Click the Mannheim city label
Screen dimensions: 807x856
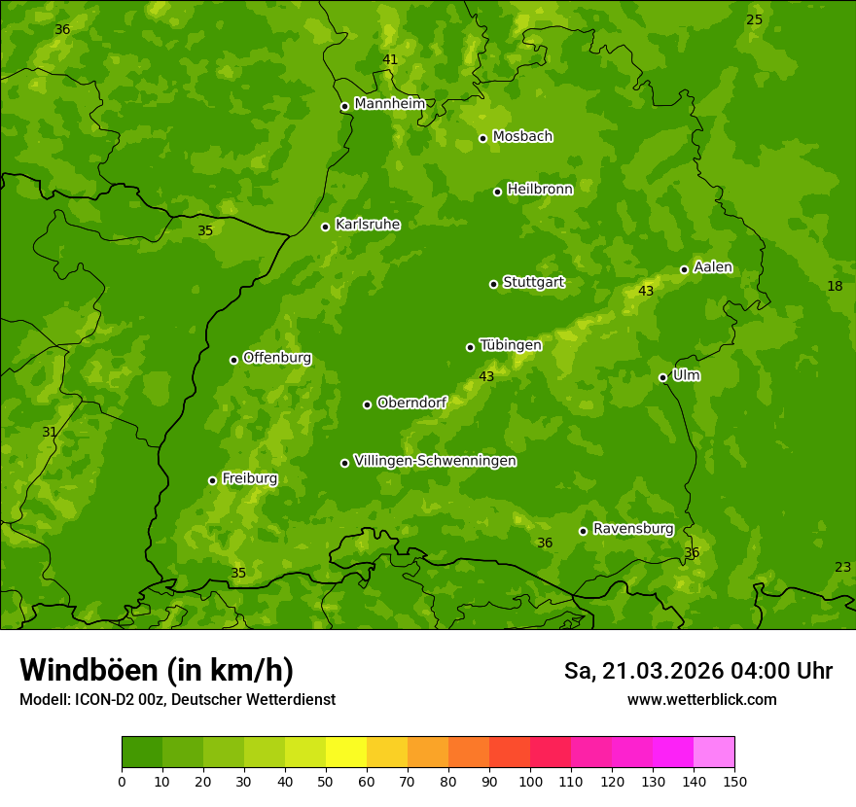(389, 104)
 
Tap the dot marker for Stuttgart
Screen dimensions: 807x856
(493, 284)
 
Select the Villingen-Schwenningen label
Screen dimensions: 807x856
(435, 461)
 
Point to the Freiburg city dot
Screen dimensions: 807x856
(212, 480)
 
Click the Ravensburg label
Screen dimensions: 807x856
(633, 529)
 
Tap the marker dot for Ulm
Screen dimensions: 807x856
(662, 377)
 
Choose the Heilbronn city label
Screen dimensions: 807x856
(540, 190)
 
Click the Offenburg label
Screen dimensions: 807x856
(277, 358)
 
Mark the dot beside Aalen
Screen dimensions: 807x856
(684, 269)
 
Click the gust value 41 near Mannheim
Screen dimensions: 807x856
(390, 59)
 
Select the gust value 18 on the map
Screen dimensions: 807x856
(835, 286)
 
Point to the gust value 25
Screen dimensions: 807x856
(754, 19)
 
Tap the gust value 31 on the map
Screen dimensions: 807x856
(50, 432)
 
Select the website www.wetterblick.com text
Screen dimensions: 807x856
(701, 699)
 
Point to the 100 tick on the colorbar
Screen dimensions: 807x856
(530, 781)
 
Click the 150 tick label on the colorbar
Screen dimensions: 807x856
(734, 781)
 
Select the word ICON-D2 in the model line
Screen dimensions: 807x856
(100, 700)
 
